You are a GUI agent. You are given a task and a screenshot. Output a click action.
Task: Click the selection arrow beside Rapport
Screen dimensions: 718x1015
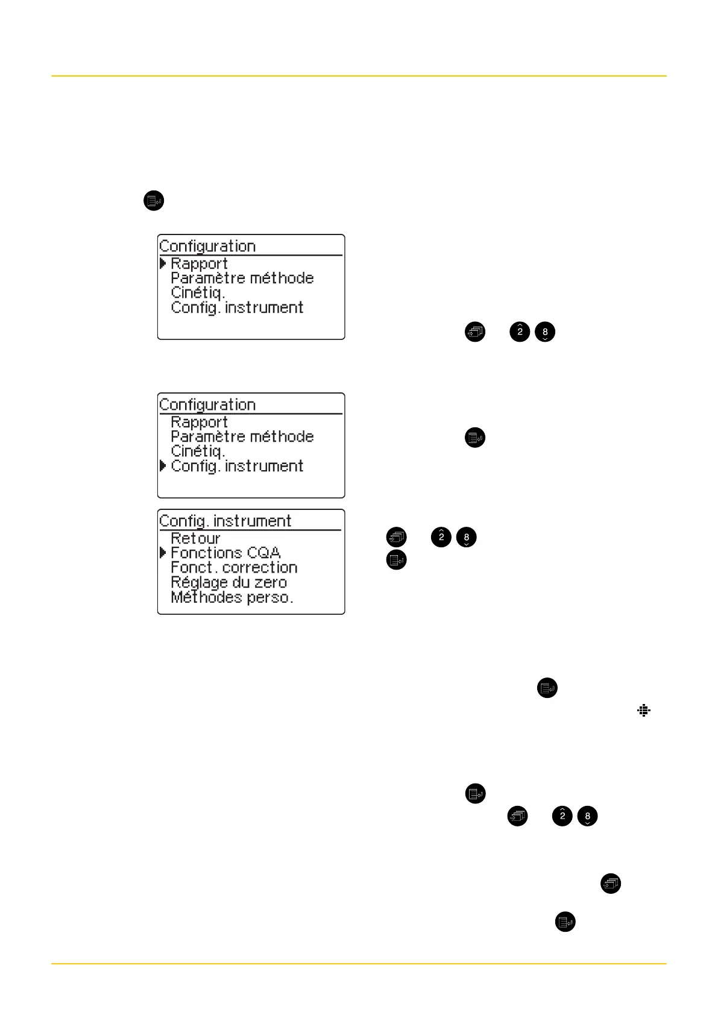[163, 264]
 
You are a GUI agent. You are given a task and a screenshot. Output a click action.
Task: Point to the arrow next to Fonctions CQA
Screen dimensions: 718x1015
[163, 553]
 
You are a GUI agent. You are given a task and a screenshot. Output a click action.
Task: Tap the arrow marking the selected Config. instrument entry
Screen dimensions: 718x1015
[163, 466]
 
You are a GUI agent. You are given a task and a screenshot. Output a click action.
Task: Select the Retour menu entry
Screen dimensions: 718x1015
[195, 538]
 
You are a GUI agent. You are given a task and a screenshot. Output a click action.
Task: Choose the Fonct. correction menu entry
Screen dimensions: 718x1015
[234, 568]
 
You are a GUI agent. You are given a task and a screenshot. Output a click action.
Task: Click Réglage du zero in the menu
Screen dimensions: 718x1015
[228, 583]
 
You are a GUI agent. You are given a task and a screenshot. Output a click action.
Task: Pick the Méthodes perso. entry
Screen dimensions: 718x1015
[232, 598]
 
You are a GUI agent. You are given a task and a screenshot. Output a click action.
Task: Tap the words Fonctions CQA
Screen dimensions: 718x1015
[225, 553]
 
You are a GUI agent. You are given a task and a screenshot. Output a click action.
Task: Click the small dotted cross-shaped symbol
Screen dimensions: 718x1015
[644, 711]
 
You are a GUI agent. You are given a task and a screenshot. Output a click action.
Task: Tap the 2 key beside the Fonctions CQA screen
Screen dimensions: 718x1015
[441, 537]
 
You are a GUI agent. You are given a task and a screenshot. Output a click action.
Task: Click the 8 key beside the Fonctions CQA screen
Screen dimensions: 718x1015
[467, 537]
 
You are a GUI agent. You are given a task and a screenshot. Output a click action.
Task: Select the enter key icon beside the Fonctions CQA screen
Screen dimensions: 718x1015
[396, 560]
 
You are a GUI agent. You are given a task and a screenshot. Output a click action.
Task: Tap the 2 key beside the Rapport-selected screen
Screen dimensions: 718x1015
[520, 332]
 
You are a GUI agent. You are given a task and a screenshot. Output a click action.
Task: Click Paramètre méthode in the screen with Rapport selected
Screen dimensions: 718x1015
[242, 278]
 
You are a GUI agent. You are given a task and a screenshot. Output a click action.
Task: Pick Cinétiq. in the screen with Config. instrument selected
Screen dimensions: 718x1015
[198, 451]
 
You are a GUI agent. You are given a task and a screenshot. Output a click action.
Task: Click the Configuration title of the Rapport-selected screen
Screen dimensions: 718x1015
[207, 247]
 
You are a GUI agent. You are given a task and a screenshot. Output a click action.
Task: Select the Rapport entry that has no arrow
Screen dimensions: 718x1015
[199, 423]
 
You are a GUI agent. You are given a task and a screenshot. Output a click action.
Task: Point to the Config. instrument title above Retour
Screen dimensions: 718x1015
[225, 521]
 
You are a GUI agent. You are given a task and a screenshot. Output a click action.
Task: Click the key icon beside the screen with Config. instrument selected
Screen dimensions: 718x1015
[475, 438]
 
